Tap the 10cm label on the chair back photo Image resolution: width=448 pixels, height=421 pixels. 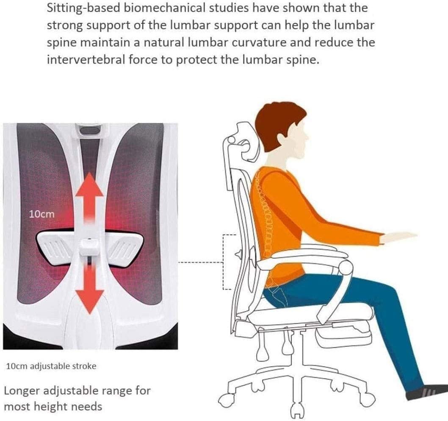click(x=42, y=214)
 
